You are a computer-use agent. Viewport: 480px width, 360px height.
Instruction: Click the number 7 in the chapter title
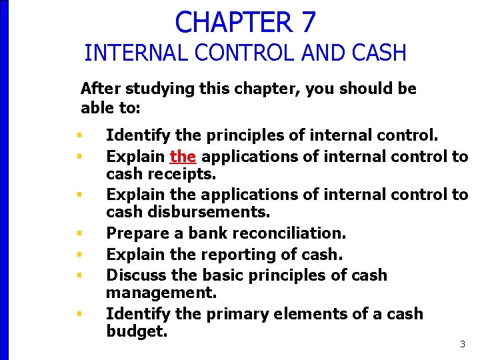pyautogui.click(x=307, y=21)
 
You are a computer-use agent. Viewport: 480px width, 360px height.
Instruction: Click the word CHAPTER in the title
pyautogui.click(x=233, y=21)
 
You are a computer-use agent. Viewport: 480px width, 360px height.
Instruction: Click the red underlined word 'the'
pyautogui.click(x=183, y=157)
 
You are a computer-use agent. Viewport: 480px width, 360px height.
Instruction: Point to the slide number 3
pyautogui.click(x=463, y=344)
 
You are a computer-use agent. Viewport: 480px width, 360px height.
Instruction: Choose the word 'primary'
pyautogui.click(x=233, y=313)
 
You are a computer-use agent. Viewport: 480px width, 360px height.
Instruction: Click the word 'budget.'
pyautogui.click(x=137, y=331)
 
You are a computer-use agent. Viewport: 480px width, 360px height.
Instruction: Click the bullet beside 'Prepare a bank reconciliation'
pyautogui.click(x=79, y=234)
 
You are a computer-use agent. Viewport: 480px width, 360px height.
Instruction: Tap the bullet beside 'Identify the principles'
pyautogui.click(x=79, y=137)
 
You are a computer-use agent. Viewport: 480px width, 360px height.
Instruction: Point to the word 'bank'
pyautogui.click(x=205, y=233)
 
